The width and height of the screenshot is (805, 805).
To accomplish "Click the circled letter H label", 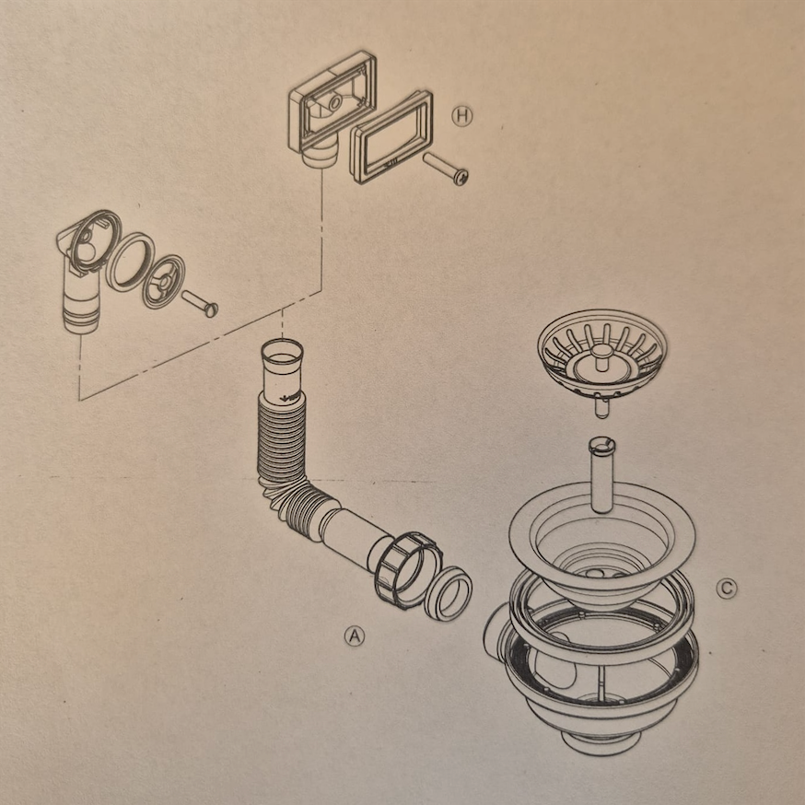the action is (x=461, y=116).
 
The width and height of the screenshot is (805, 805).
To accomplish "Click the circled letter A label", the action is (x=355, y=636).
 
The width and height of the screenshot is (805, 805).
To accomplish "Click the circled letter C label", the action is (x=727, y=589).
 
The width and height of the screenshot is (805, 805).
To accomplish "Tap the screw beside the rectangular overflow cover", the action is (x=445, y=169).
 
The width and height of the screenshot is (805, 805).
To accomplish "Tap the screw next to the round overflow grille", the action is (x=200, y=303).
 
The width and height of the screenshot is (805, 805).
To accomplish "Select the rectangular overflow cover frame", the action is (x=391, y=136).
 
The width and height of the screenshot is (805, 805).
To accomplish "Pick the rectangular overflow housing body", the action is (x=332, y=108).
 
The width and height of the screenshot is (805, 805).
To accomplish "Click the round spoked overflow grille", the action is (x=164, y=281).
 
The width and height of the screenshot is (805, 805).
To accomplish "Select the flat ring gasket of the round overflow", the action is (x=130, y=262).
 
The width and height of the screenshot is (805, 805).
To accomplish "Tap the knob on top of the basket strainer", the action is (x=601, y=352).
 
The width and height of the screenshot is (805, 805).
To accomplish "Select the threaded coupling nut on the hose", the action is (x=408, y=570).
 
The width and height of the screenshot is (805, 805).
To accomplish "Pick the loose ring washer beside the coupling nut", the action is (x=449, y=593).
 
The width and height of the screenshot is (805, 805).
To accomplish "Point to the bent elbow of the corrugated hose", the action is (x=294, y=500).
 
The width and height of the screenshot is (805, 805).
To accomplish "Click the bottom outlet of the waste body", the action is (x=601, y=742).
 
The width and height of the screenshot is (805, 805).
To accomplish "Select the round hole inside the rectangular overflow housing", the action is (x=334, y=103).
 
